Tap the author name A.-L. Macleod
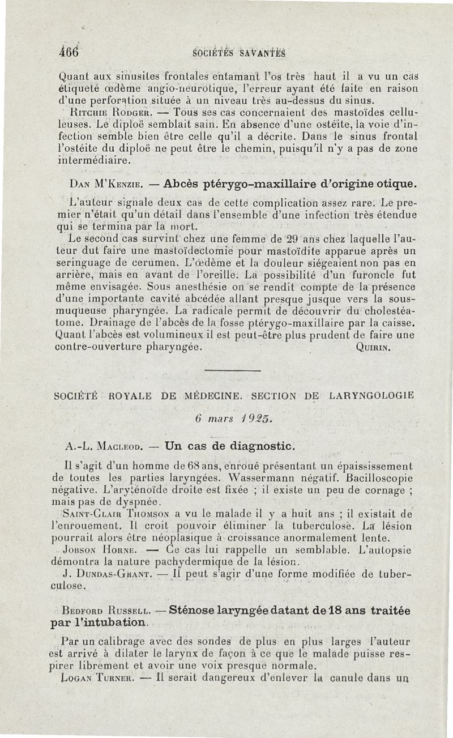(99, 446)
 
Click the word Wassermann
(240, 478)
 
